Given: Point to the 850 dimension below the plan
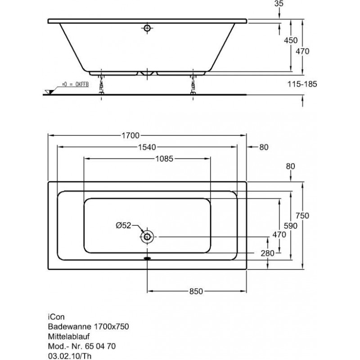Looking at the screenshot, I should pos(195,291).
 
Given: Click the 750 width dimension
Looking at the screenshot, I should pos(302,215).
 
